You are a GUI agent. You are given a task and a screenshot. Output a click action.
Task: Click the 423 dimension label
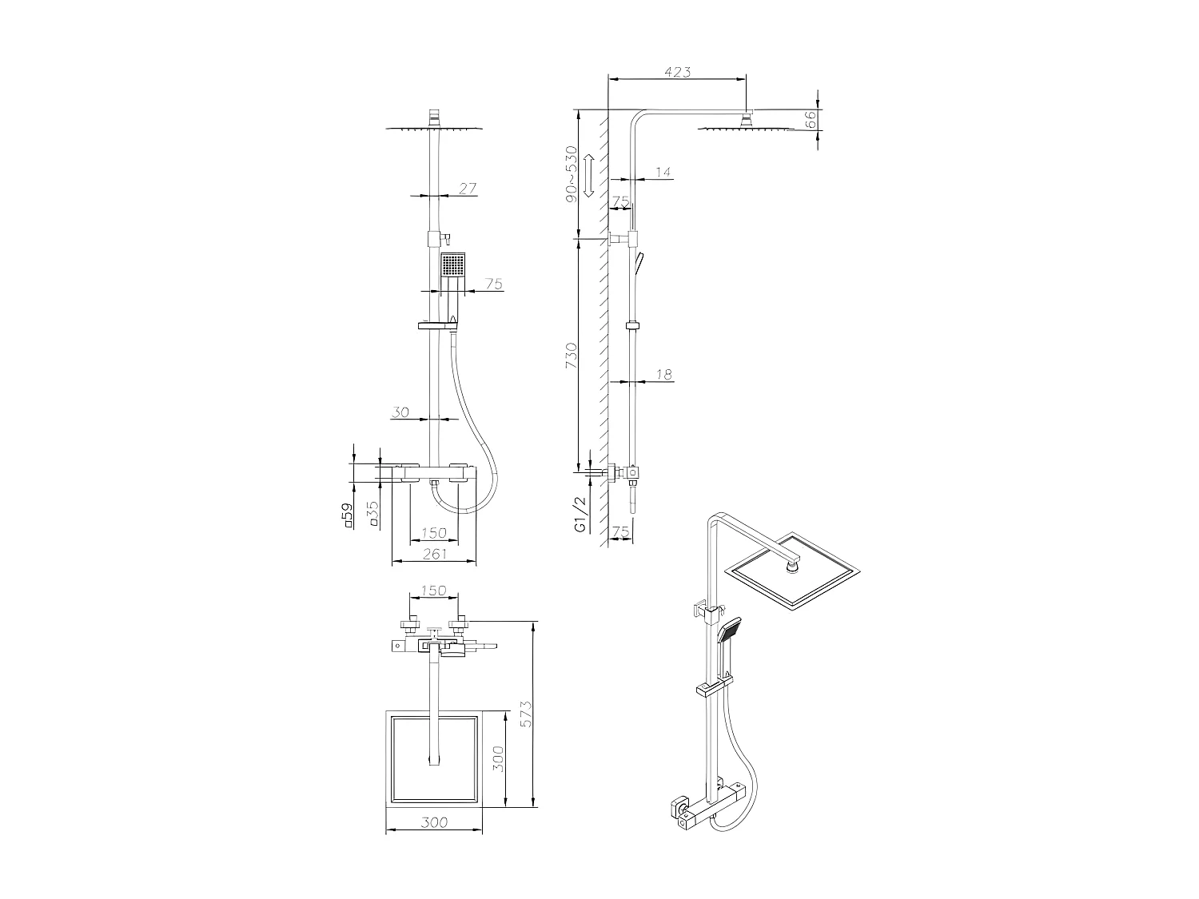pos(677,72)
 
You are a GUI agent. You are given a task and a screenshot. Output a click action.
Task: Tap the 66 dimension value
pos(809,119)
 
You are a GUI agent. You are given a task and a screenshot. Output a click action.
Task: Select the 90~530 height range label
pos(571,173)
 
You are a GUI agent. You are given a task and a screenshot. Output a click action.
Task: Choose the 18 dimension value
pos(663,374)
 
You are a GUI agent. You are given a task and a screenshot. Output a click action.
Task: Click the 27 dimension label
pos(468,189)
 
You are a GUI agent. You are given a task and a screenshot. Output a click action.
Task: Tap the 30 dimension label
pos(400,412)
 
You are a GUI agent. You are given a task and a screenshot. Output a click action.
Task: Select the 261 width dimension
pos(434,554)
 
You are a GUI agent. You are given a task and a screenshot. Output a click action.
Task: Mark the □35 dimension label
pos(372,512)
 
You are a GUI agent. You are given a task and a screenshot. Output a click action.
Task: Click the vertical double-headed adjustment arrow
pos(588,176)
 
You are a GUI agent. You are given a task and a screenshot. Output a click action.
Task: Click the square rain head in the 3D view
pos(792,571)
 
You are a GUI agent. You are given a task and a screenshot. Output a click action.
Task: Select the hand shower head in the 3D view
pos(731,630)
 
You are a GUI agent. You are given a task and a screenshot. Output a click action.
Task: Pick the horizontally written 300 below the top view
pos(434,821)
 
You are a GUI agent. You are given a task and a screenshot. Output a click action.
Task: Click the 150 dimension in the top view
pos(433,591)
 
